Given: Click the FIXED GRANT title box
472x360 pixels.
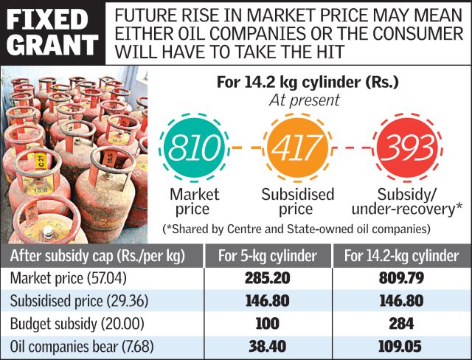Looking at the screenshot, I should (x=52, y=32).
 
